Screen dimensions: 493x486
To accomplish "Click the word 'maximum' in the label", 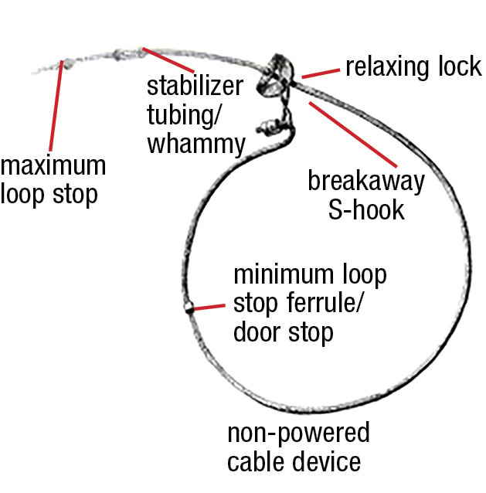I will coord(53,166).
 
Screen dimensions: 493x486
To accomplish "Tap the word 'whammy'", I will coord(196,144).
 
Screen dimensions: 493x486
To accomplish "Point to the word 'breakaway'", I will coord(366,182).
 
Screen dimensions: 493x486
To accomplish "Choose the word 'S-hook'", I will coord(366,209).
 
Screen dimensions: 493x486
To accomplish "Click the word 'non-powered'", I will coord(298,433).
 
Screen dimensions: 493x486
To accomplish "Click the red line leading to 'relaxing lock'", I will coord(321,73).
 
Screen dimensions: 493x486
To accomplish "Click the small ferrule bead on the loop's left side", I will coord(188,310).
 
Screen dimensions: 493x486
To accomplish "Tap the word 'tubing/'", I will coord(180,116).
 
